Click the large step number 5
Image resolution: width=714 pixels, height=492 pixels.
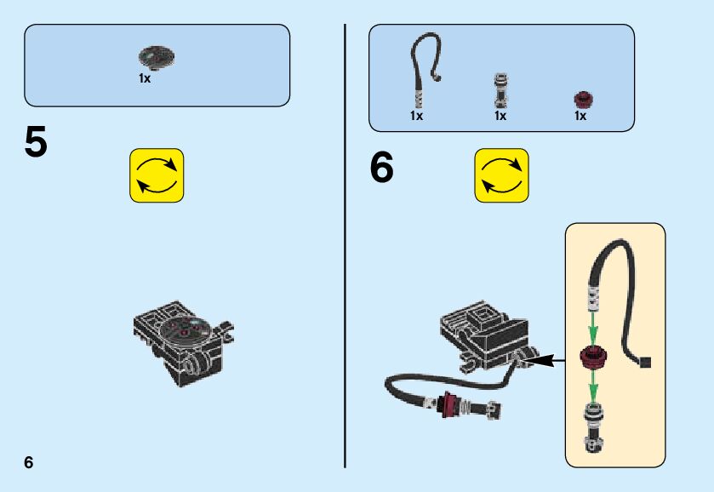pos(36,142)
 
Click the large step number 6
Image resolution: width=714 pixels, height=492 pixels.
pos(382,168)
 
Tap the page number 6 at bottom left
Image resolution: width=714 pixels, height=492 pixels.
pos(29,462)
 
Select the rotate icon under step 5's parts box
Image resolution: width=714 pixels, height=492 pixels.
pos(157,175)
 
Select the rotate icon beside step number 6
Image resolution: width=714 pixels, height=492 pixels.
pos(501,175)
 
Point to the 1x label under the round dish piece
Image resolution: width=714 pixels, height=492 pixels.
pos(145,78)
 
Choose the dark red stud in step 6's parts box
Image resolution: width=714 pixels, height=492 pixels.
pos(583,99)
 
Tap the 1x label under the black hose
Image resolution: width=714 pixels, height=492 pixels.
pos(416,116)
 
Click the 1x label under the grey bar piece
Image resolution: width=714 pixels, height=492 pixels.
pos(500,116)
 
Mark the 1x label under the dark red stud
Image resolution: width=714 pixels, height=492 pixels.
pos(580,116)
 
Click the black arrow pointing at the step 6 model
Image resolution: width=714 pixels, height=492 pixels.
pos(548,361)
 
